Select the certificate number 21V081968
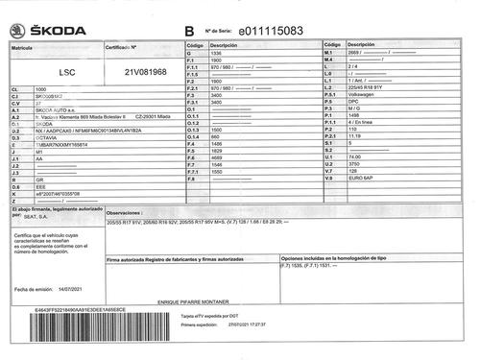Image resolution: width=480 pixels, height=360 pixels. point(146,71)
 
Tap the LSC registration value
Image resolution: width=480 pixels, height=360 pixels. point(67,72)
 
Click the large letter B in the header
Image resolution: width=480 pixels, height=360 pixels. point(188,32)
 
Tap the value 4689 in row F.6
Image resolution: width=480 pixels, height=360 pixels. point(217,157)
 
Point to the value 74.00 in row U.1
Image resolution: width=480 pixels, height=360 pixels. point(360,157)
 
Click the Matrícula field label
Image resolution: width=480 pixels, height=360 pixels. point(22,46)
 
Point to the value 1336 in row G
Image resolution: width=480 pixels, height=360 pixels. point(216,53)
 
